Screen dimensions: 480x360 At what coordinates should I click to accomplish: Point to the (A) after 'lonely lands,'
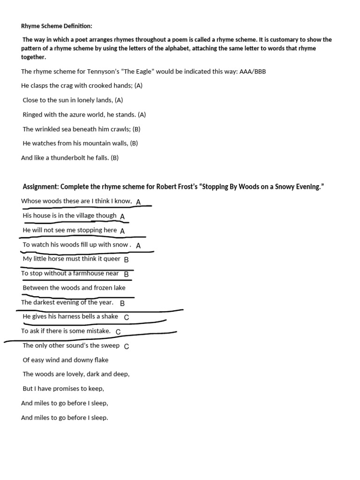[x=119, y=100]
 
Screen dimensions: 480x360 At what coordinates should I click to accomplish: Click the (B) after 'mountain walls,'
[x=134, y=143]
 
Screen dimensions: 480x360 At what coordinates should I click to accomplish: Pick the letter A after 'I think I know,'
[x=138, y=202]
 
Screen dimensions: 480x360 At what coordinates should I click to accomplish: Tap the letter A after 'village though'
[x=122, y=217]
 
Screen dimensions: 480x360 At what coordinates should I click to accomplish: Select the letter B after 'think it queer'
[x=126, y=259]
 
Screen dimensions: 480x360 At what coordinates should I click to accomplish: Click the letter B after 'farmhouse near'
[x=126, y=274]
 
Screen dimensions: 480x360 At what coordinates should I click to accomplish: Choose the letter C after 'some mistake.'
[x=118, y=332]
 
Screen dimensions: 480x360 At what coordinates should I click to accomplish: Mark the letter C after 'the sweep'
[x=127, y=346]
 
